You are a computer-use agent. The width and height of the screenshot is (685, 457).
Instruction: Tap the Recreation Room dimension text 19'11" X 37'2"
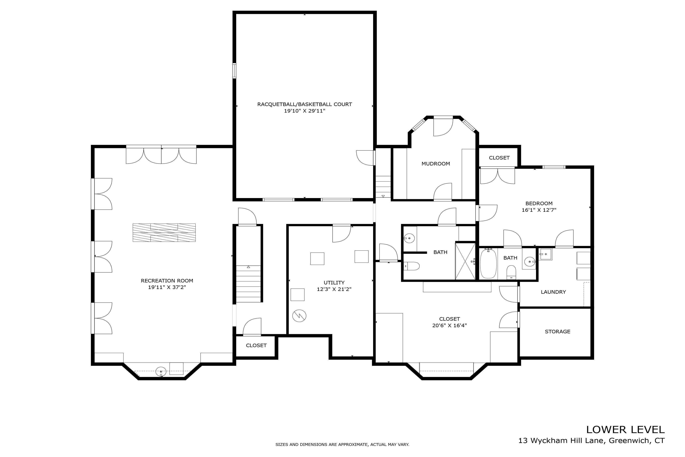(167, 287)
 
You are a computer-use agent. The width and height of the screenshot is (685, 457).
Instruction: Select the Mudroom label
(436, 164)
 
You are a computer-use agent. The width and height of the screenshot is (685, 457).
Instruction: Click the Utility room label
(334, 283)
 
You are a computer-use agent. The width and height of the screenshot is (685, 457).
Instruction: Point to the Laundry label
(553, 292)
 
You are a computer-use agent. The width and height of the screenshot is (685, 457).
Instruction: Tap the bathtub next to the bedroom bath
(488, 264)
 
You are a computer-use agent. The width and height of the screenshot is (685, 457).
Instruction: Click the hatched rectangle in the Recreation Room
(164, 232)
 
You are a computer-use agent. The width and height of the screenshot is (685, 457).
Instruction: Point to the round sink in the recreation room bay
(161, 372)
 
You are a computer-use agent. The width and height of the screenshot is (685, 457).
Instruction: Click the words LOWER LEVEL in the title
(625, 429)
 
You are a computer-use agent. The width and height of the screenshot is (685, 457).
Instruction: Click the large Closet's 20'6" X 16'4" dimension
(449, 326)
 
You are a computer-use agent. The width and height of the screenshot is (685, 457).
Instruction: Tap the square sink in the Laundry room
(545, 254)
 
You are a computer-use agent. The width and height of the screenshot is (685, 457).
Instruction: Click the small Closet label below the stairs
(256, 346)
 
